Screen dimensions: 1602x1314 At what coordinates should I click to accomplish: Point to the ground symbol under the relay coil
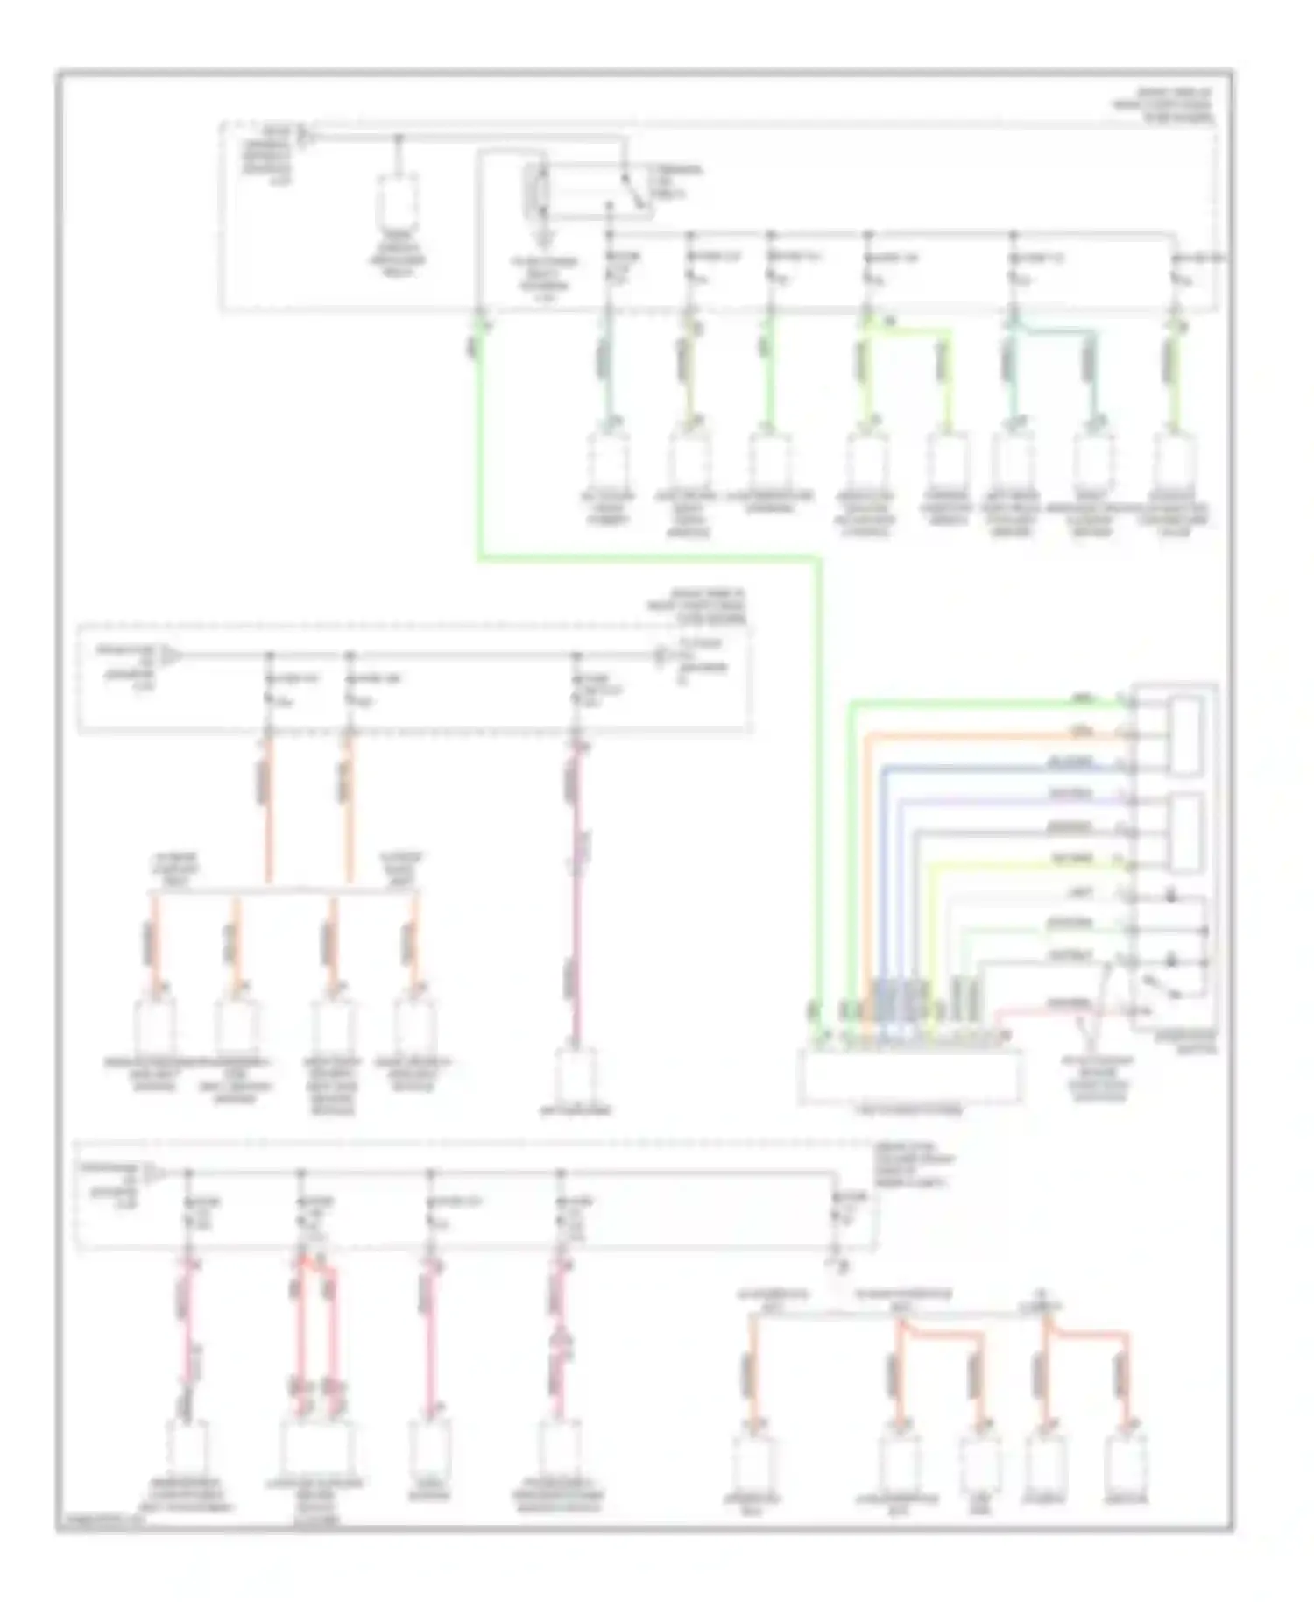545,236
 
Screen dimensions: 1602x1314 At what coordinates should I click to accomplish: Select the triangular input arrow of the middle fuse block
172,655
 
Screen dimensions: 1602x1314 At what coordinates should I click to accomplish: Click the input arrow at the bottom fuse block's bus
152,1173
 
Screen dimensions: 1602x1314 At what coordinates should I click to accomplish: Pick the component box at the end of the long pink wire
576,1074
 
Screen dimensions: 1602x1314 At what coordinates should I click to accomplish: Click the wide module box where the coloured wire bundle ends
909,1076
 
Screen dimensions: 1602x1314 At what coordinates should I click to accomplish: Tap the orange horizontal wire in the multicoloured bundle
990,734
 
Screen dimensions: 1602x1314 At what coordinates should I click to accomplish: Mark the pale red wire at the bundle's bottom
1051,1010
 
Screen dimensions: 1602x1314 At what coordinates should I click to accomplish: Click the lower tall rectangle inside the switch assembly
1186,833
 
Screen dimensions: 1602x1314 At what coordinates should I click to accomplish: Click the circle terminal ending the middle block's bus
663,655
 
